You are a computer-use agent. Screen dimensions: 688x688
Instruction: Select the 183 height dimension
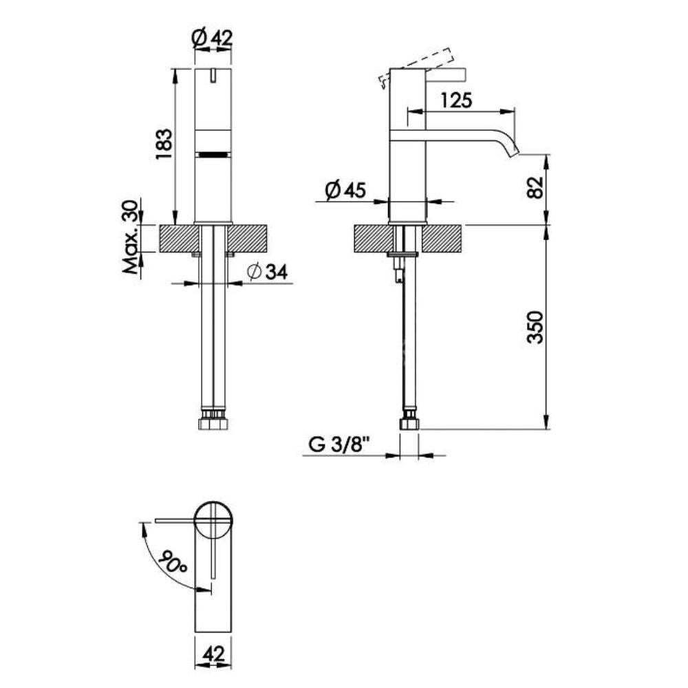coord(163,144)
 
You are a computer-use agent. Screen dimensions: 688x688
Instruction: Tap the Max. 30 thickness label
coord(131,237)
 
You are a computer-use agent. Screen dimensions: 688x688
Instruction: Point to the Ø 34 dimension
coord(266,272)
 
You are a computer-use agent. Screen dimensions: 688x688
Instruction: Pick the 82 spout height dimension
coord(537,186)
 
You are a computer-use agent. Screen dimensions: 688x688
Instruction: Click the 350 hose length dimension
coord(537,327)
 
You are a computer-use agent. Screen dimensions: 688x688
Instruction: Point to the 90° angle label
coord(171,563)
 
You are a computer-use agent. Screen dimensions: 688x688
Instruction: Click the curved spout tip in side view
coord(513,149)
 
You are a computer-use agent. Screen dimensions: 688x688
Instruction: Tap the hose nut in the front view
coord(213,420)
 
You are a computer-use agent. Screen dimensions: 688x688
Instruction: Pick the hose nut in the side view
coord(409,420)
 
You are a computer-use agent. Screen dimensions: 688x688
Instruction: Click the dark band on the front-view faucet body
coord(213,154)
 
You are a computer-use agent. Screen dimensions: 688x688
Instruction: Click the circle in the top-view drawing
coord(213,520)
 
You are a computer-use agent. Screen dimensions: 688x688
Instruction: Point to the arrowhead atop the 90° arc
coord(143,527)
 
